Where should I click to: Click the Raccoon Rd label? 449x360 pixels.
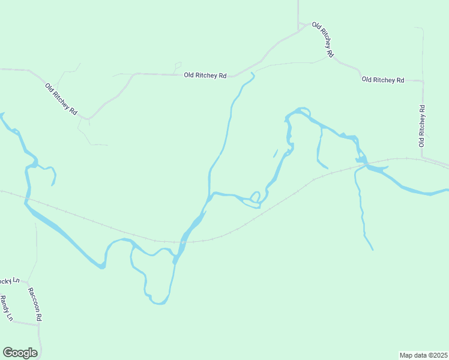pyautogui.click(x=34, y=303)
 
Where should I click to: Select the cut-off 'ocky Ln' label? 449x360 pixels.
pyautogui.click(x=10, y=281)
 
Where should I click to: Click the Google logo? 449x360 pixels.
pyautogui.click(x=20, y=353)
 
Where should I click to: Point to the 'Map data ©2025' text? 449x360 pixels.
pyautogui.click(x=423, y=355)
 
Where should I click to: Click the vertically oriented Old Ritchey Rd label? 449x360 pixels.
pyautogui.click(x=422, y=126)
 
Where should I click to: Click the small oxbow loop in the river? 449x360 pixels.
pyautogui.click(x=255, y=196)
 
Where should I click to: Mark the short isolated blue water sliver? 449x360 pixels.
pyautogui.click(x=276, y=153)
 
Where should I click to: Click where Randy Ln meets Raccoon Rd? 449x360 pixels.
pyautogui.click(x=38, y=324)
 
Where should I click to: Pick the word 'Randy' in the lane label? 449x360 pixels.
pyautogui.click(x=5, y=305)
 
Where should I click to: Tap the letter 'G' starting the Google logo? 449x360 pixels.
pyautogui.click(x=8, y=353)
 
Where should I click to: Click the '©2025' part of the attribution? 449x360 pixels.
pyautogui.click(x=436, y=355)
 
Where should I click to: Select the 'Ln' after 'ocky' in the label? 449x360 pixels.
pyautogui.click(x=16, y=281)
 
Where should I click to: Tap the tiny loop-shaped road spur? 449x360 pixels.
pyautogui.click(x=177, y=65)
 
